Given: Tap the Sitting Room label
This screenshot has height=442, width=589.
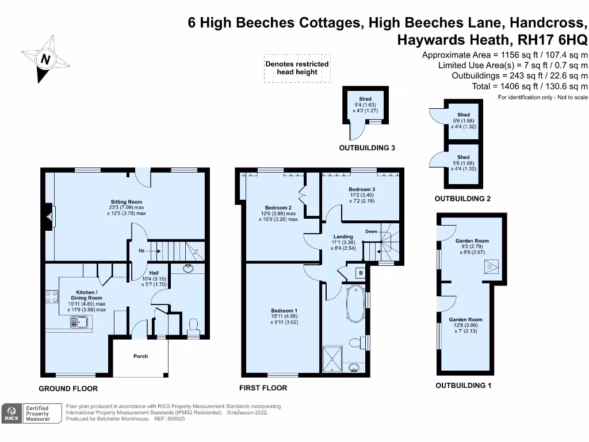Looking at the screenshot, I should tap(127, 207).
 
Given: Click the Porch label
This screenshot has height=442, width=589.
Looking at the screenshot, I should tap(141, 356).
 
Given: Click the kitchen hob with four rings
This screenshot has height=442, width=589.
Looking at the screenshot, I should tap(51, 296).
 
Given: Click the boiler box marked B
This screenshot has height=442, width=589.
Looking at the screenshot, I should tap(360, 273).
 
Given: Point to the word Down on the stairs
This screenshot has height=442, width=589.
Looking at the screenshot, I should tap(371, 231).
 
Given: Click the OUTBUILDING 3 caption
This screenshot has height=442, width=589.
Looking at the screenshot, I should tap(367, 148).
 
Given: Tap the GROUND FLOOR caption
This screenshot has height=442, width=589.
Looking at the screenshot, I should tap(68, 388).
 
